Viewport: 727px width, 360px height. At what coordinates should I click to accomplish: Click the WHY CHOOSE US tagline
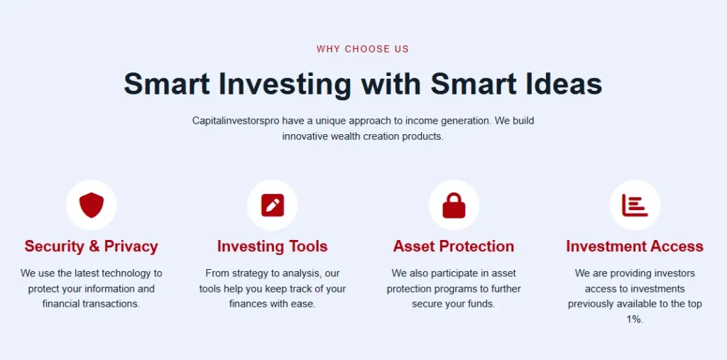point(363,49)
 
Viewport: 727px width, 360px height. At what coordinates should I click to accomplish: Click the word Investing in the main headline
point(285,84)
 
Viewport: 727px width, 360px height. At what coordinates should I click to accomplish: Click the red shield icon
point(91,205)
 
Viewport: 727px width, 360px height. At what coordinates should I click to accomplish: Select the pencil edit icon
point(272,205)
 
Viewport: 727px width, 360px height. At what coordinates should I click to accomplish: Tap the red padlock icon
point(454,205)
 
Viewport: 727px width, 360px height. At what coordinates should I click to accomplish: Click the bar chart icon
point(635,205)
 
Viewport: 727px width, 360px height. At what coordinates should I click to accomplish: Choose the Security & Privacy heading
point(91,246)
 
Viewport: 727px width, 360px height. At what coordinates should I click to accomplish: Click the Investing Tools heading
point(272,246)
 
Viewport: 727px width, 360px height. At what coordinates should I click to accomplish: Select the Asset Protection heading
point(454,246)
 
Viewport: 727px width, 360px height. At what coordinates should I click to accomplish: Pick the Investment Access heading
point(635,246)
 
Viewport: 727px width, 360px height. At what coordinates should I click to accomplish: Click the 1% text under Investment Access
point(635,320)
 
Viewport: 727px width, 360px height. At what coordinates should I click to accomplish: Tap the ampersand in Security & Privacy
point(94,246)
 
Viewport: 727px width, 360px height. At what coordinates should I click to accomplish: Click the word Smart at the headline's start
point(167,84)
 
